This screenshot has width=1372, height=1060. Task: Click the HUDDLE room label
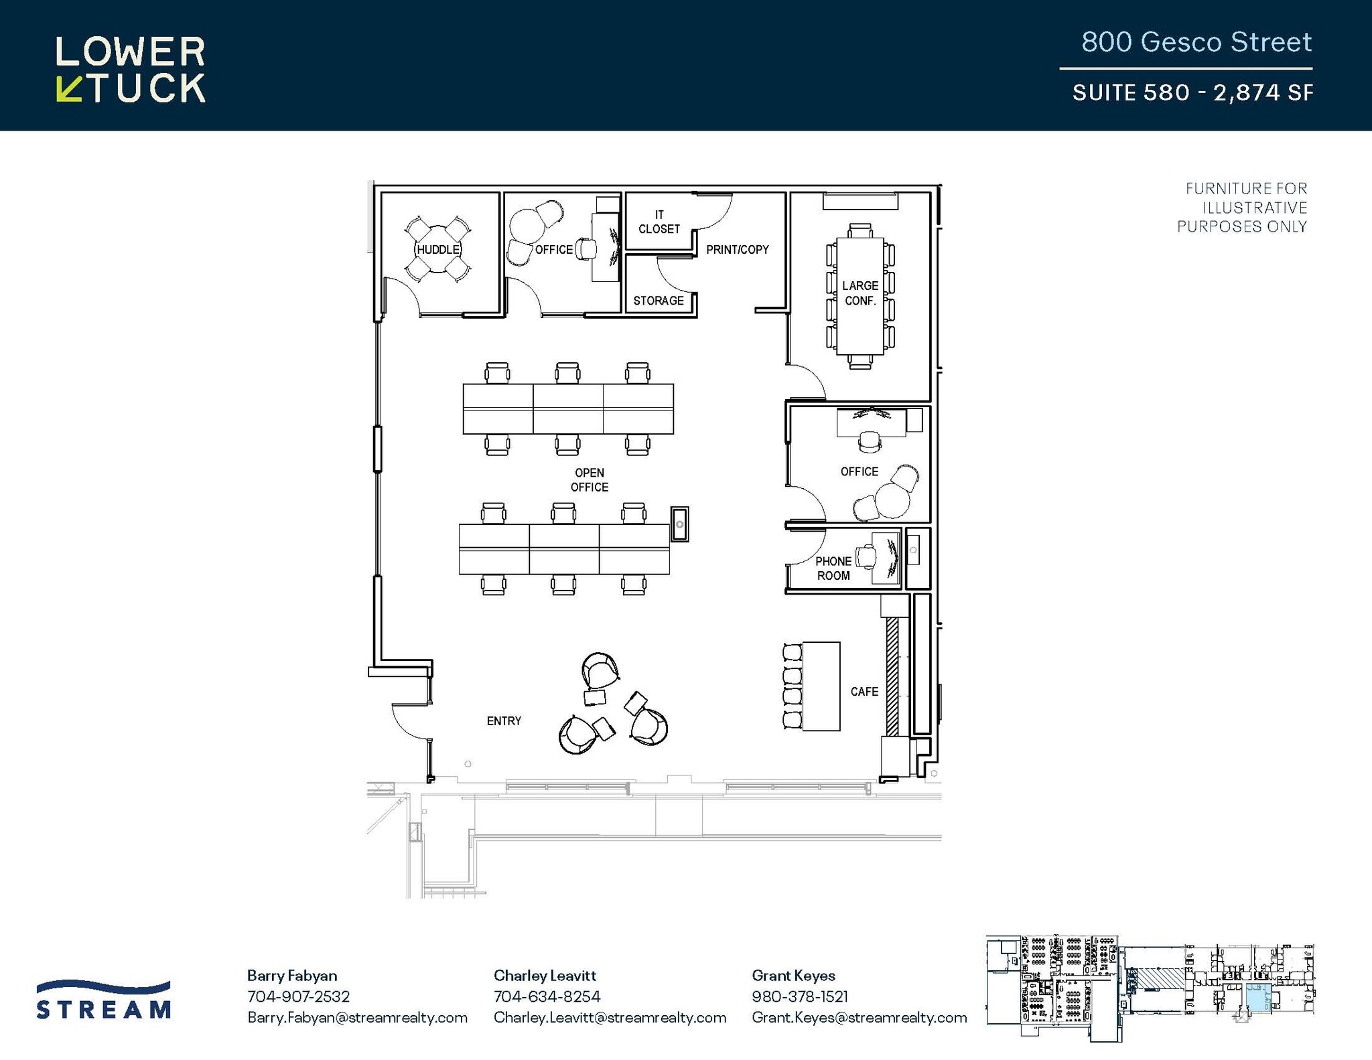click(438, 249)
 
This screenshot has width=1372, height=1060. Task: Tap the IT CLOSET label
click(659, 222)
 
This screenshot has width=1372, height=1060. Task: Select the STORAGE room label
click(659, 301)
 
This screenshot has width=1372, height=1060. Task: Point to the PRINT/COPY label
click(738, 249)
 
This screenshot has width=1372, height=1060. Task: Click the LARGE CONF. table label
click(860, 293)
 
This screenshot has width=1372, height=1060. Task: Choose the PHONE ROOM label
click(833, 568)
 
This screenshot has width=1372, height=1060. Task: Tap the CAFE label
click(864, 692)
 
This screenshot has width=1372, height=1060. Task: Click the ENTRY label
click(504, 721)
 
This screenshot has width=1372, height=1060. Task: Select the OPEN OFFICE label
click(590, 480)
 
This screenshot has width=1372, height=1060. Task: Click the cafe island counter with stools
click(821, 686)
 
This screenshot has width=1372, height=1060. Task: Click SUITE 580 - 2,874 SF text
click(1192, 92)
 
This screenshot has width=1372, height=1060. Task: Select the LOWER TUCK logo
click(131, 70)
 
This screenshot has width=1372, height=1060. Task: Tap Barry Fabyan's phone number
click(298, 996)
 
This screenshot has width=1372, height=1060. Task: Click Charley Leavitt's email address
click(610, 1017)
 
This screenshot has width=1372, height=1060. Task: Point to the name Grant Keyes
click(793, 975)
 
